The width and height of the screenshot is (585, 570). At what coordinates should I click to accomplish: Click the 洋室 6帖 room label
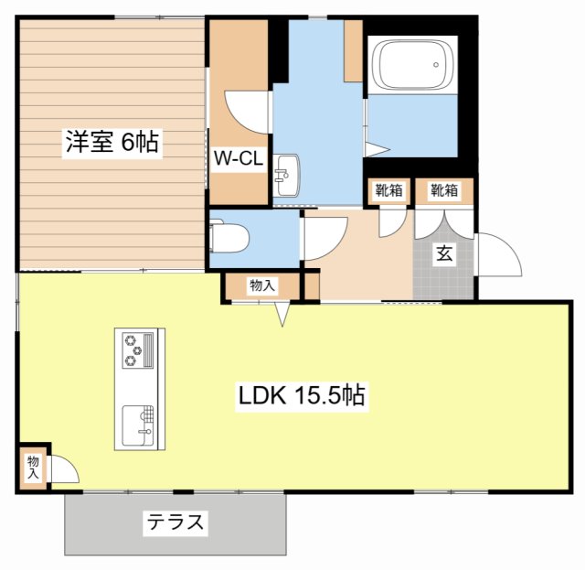112,142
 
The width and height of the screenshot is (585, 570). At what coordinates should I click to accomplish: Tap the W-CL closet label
239,159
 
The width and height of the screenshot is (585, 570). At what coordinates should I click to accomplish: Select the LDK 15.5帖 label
302,395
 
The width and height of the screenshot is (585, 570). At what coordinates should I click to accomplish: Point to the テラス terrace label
175,522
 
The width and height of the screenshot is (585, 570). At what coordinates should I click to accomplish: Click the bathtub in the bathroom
412,65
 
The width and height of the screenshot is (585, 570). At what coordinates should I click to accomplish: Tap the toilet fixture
229,238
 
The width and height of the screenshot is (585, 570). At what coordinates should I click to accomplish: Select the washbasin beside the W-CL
286,175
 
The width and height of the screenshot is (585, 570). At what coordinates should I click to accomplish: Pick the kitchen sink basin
138,425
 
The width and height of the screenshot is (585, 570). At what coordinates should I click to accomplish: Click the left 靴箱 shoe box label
388,190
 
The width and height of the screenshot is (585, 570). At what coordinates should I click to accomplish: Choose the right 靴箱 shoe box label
444,190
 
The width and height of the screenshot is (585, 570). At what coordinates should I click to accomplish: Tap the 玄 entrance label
444,253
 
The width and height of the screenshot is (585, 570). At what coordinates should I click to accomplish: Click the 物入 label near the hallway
262,285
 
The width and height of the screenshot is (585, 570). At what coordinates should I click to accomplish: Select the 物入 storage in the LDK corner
33,468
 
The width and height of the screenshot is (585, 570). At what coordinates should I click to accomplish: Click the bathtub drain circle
436,65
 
